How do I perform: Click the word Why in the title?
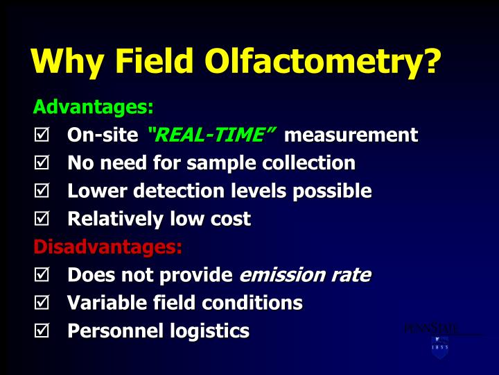(x=67, y=62)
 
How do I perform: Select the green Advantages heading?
(x=93, y=108)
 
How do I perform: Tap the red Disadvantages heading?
(x=107, y=247)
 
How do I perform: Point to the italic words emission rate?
(x=304, y=275)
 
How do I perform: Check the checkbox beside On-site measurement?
(x=41, y=135)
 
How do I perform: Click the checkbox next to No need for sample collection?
(x=41, y=164)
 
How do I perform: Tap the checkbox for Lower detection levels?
(x=41, y=192)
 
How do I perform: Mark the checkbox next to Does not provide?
(x=41, y=276)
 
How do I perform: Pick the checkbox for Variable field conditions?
(x=41, y=303)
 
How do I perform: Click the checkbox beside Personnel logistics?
(x=41, y=332)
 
